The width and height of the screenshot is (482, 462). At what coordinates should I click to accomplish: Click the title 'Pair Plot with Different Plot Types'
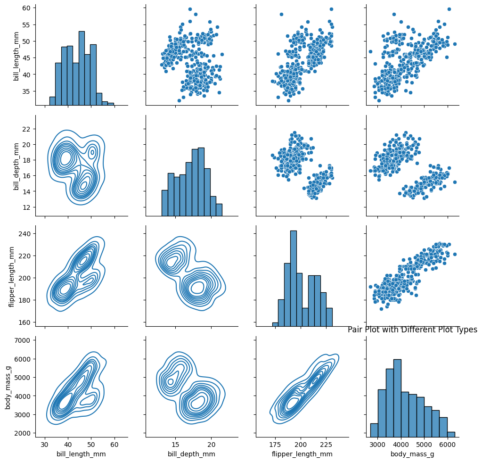pyautogui.click(x=412, y=330)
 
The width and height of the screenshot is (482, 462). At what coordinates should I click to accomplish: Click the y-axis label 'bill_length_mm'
pyautogui.click(x=16, y=56)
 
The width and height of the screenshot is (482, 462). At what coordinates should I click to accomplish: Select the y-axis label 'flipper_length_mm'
pyautogui.click(x=12, y=277)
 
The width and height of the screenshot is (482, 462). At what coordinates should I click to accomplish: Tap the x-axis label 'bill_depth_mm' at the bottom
pyautogui.click(x=191, y=454)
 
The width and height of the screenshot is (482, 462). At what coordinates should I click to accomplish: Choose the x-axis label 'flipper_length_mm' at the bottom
pyautogui.click(x=302, y=454)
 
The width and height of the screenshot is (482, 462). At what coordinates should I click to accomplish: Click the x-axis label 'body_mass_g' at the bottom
pyautogui.click(x=412, y=454)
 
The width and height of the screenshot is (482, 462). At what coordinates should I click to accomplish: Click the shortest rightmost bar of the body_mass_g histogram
pyautogui.click(x=451, y=434)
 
